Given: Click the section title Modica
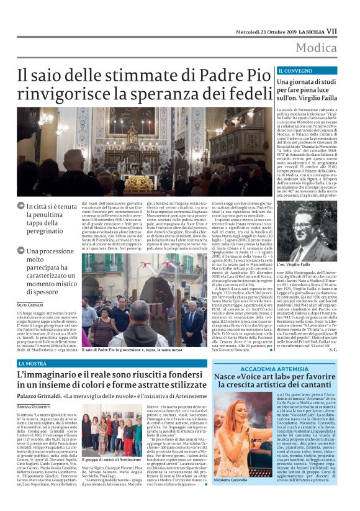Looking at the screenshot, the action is tap(317, 48).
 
